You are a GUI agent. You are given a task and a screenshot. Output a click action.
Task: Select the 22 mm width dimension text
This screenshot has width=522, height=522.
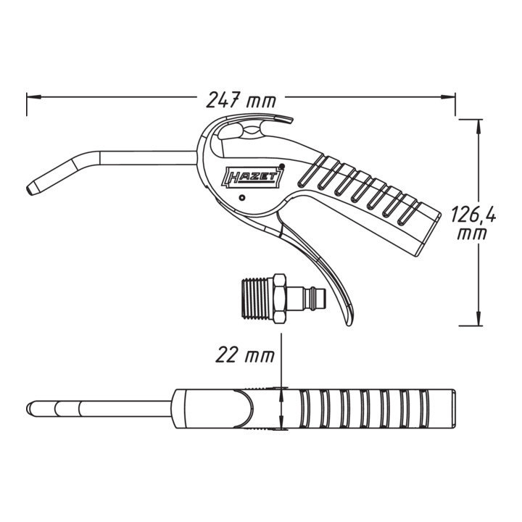pyautogui.click(x=245, y=355)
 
